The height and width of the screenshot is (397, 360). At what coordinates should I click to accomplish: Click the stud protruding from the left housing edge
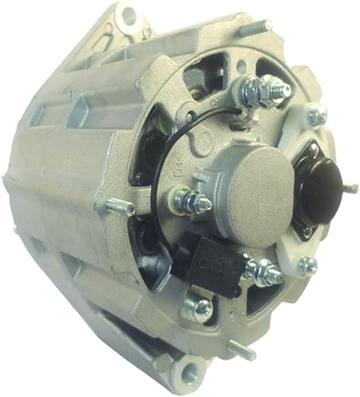pos(120,207)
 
